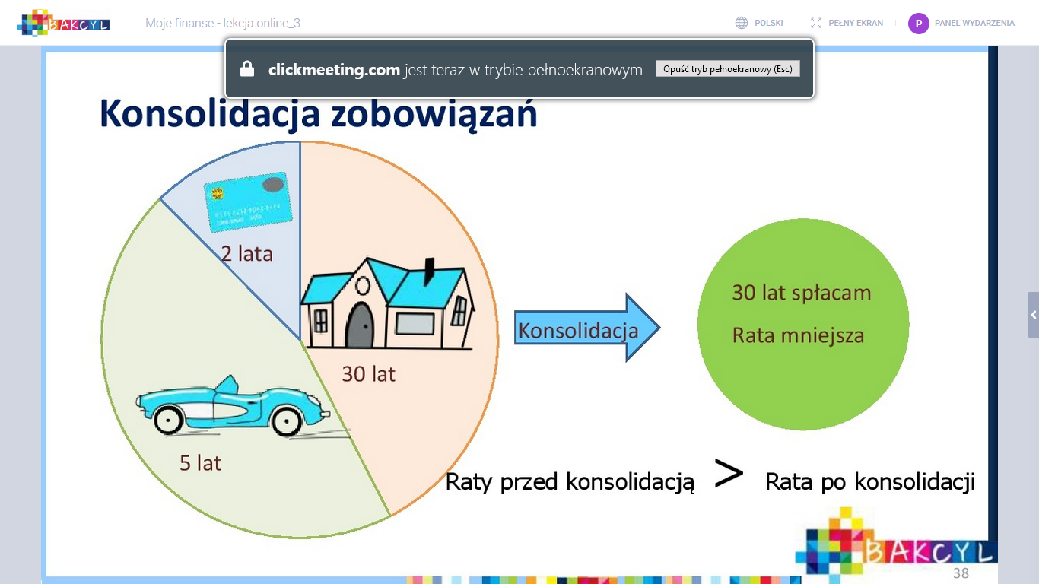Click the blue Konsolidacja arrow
click(x=586, y=328)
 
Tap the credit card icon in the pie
click(x=248, y=202)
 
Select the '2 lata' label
click(x=246, y=254)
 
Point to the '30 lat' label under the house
click(x=369, y=374)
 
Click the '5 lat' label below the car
click(x=200, y=463)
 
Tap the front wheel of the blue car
click(x=287, y=421)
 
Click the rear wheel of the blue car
click(x=168, y=420)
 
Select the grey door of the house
click(x=360, y=325)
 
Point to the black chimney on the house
click(x=430, y=271)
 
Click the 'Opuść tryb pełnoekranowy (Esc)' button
click(x=727, y=68)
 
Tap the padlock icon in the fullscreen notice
click(x=247, y=68)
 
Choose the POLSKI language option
click(x=768, y=23)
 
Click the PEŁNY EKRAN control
click(x=847, y=23)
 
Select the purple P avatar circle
click(x=918, y=24)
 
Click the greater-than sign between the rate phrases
click(x=729, y=474)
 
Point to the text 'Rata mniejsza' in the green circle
click(x=799, y=335)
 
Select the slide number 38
click(x=961, y=573)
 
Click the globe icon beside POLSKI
click(x=742, y=23)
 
